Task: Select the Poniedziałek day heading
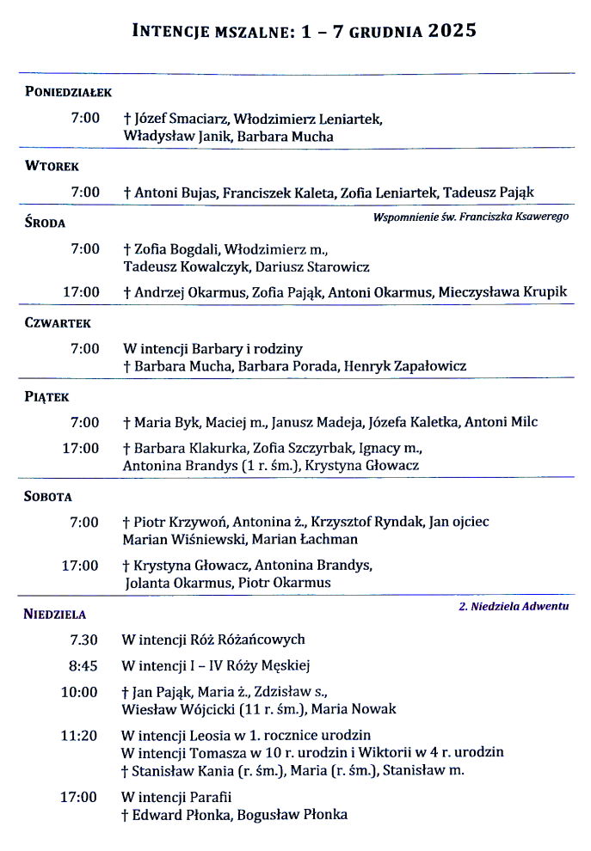click(x=70, y=92)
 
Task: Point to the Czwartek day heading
click(x=58, y=323)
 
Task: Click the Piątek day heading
click(x=47, y=397)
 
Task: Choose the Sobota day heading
click(x=48, y=497)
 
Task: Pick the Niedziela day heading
click(x=56, y=615)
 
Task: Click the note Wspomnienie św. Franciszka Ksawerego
click(x=471, y=217)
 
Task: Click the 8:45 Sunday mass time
click(x=83, y=665)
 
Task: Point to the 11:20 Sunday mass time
click(x=79, y=735)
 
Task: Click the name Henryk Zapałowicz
click(x=405, y=366)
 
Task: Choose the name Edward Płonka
click(x=180, y=815)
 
